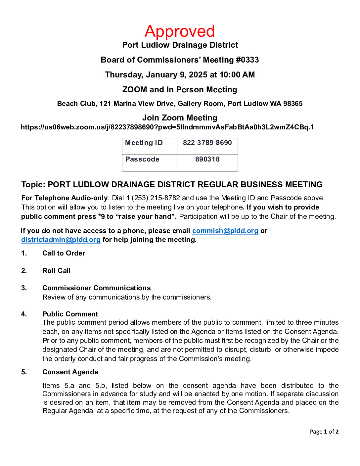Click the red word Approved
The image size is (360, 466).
180,31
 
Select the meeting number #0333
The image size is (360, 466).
247,60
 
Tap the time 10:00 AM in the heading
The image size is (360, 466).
237,75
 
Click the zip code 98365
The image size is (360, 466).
293,104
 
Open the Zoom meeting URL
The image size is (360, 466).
167,127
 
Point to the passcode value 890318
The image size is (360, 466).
207,160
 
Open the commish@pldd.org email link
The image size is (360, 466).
225,231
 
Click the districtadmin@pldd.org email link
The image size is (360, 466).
61,240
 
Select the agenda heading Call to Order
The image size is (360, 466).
64,253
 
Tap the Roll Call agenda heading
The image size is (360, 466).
57,271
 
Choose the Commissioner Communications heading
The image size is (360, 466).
97,288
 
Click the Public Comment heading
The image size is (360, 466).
70,314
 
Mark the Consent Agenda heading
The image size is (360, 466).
70,372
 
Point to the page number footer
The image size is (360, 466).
324,432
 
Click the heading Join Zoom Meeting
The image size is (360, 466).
180,118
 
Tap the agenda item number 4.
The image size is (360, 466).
24,314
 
